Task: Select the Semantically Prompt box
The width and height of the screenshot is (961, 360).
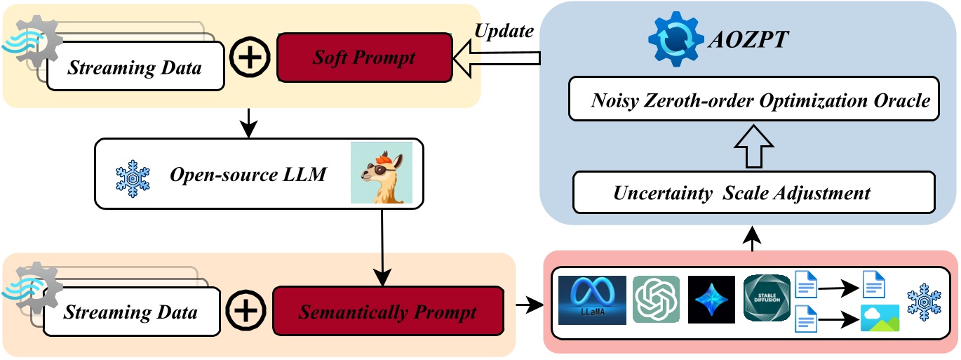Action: click(388, 311)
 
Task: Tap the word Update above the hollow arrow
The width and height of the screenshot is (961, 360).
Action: click(504, 31)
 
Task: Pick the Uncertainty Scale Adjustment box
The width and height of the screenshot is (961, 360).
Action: click(754, 192)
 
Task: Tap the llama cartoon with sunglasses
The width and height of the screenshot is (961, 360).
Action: click(382, 173)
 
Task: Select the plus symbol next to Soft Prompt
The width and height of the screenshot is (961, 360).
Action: click(250, 58)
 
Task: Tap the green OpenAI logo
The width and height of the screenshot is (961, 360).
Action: click(656, 300)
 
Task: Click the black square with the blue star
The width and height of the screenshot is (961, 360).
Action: click(711, 300)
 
